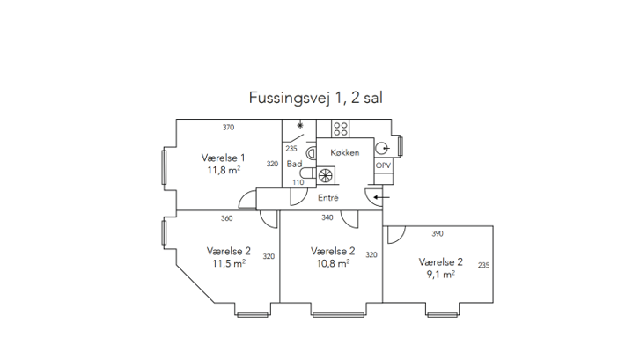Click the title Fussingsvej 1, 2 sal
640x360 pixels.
(x=315, y=98)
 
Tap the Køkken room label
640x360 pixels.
(x=345, y=152)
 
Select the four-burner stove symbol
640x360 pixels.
(x=341, y=129)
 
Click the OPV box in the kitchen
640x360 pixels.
(x=383, y=165)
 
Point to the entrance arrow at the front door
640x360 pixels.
(x=382, y=197)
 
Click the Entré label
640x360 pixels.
(x=328, y=197)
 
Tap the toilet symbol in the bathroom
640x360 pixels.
(x=308, y=173)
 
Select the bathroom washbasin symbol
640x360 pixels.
(x=312, y=153)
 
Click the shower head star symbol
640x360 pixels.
(x=300, y=125)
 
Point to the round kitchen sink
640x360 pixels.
(x=381, y=149)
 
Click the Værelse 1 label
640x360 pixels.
(x=223, y=158)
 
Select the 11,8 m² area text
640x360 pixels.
(x=224, y=170)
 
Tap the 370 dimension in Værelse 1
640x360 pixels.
(x=228, y=128)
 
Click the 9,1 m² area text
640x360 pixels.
(x=441, y=275)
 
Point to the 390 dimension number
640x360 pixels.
(x=438, y=233)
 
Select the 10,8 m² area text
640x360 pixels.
(x=333, y=264)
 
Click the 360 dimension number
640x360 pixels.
(x=227, y=218)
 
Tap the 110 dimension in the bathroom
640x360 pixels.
(x=298, y=182)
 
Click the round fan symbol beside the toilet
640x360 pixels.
(x=326, y=176)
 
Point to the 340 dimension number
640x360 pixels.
(x=327, y=217)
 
